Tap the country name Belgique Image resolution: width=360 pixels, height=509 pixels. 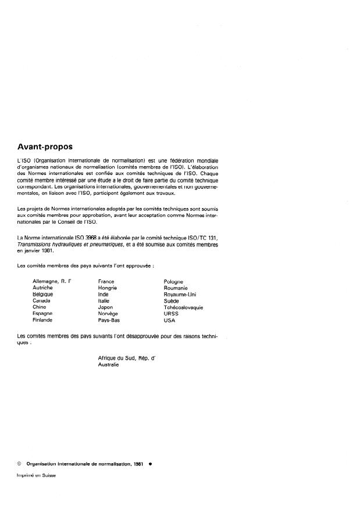point(43,295)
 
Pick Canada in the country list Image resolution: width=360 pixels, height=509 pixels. point(42,301)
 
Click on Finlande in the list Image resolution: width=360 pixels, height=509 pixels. point(43,320)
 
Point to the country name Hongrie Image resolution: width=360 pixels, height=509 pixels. point(108,288)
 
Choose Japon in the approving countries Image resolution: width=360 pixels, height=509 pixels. point(105,307)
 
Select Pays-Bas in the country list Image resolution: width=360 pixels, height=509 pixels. point(109,320)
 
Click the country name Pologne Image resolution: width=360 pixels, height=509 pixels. point(174,281)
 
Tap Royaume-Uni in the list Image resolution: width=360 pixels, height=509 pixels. point(179,295)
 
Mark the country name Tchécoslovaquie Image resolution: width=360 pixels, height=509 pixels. point(183,307)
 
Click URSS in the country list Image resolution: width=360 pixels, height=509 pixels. point(172,313)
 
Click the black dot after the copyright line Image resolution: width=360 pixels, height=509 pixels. point(150,465)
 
